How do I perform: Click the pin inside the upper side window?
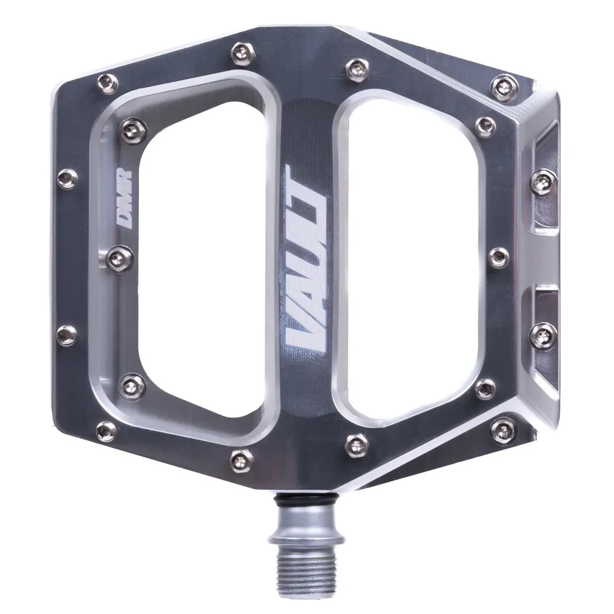[x=543, y=182]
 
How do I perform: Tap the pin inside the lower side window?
[x=543, y=335]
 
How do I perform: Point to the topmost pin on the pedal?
[x=240, y=50]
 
